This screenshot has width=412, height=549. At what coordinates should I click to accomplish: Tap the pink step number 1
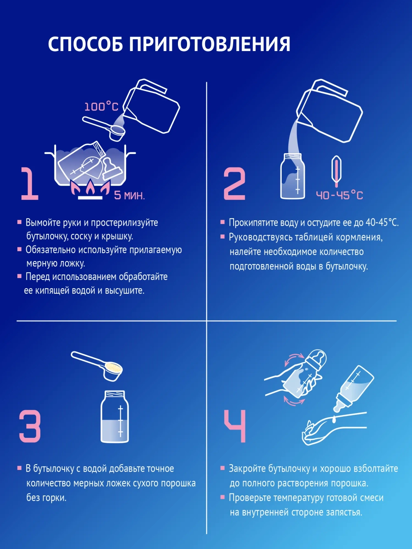tap(29, 184)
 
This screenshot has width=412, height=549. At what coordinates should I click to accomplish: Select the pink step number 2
tap(234, 184)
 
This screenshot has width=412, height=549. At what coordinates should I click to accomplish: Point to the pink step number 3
tap(30, 426)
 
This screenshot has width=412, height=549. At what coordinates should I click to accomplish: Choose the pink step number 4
tap(235, 426)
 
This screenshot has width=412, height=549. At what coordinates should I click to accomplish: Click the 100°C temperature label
tap(101, 107)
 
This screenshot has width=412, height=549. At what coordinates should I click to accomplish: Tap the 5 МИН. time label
tap(129, 195)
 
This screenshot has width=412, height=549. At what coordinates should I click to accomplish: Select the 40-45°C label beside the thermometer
tap(339, 195)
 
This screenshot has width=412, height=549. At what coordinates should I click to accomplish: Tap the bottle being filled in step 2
tap(293, 177)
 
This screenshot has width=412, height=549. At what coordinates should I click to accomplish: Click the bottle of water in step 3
tap(115, 418)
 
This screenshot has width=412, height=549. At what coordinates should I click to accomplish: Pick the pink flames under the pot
tap(90, 189)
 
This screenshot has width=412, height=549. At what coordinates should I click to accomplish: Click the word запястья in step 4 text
tap(344, 512)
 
